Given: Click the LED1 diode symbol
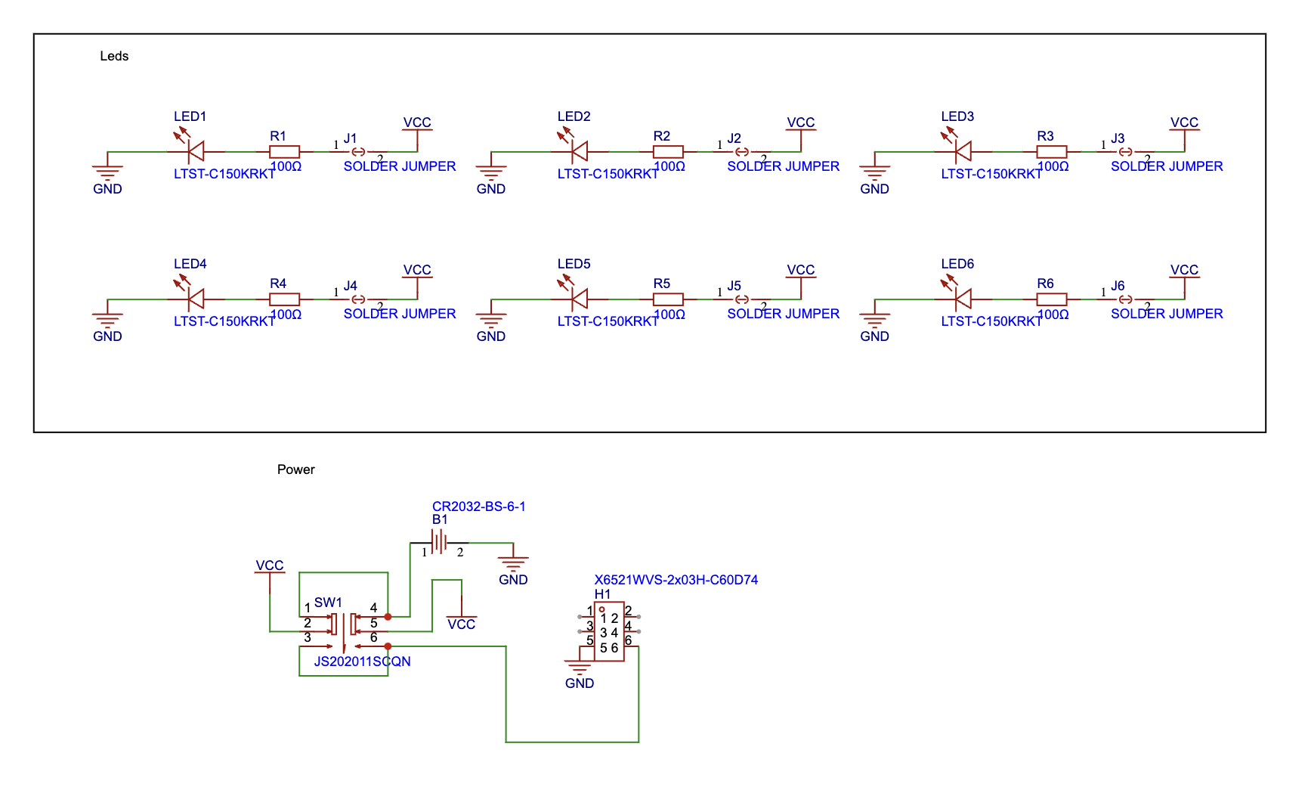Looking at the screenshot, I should (x=196, y=151).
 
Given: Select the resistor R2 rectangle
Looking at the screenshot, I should (x=668, y=151).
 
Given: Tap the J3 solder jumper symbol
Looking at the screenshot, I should (x=1125, y=152).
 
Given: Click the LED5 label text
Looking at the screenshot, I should (x=574, y=264).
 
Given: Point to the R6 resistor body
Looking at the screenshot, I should (x=1051, y=299).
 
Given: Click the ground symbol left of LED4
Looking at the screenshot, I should (x=107, y=320).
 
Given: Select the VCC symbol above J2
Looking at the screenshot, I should (x=800, y=124).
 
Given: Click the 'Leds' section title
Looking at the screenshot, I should (x=114, y=56).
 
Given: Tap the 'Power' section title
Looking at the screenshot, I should (x=295, y=469).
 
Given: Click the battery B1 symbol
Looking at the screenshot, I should (x=439, y=542).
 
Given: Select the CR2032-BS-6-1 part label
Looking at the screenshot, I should (x=478, y=507).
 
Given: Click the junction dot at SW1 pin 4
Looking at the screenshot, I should (x=388, y=616).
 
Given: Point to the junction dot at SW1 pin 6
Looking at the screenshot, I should (x=388, y=646).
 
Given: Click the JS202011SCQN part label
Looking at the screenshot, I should (x=362, y=661).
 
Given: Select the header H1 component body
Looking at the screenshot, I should (x=609, y=632).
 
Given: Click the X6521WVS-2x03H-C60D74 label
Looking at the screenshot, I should (x=676, y=580).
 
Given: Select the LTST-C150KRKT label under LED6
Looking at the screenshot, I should (x=991, y=321).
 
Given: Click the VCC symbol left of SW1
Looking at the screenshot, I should (x=270, y=567).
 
